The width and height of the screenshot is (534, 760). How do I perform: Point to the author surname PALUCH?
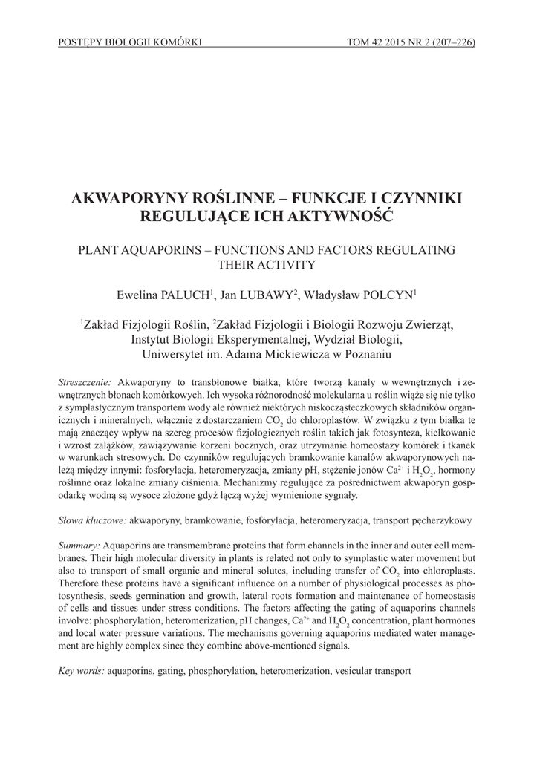pos(184,295)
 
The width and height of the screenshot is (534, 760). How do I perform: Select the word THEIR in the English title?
pos(239,264)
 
